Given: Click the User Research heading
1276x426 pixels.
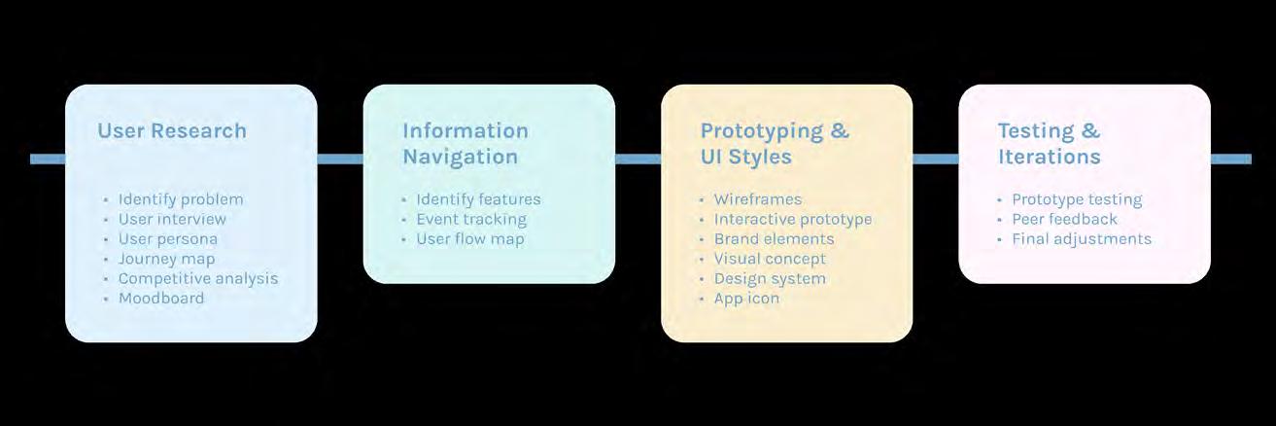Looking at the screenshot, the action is click(x=172, y=130).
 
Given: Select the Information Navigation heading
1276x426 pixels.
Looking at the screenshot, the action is click(x=466, y=144).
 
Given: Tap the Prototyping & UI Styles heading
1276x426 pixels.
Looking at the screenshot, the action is click(x=775, y=144).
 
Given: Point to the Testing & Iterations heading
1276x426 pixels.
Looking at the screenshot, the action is click(x=1050, y=144).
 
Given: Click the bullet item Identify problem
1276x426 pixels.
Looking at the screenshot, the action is click(x=181, y=199).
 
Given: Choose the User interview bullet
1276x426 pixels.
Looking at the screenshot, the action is click(x=172, y=219).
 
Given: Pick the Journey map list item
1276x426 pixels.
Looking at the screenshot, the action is click(x=166, y=259).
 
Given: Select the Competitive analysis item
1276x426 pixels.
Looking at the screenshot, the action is click(x=198, y=278).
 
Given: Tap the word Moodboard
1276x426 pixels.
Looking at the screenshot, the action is click(x=161, y=299).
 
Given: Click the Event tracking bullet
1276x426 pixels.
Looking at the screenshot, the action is click(x=471, y=219).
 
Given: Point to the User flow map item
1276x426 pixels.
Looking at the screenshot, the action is click(x=470, y=239).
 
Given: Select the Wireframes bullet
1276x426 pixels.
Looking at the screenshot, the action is click(x=758, y=199).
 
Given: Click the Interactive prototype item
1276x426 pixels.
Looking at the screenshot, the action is click(x=793, y=219).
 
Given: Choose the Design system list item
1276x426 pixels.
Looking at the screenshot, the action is click(x=770, y=278).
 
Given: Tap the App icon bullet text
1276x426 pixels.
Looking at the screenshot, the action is click(x=746, y=299).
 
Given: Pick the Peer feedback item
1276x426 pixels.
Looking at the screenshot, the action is click(x=1065, y=219).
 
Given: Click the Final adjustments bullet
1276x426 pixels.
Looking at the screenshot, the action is click(x=1082, y=239).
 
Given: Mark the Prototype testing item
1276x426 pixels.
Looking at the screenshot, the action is click(x=1077, y=199).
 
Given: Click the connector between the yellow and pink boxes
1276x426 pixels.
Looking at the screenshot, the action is click(x=935, y=160).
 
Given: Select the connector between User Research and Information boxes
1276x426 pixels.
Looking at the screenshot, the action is click(x=340, y=160).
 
